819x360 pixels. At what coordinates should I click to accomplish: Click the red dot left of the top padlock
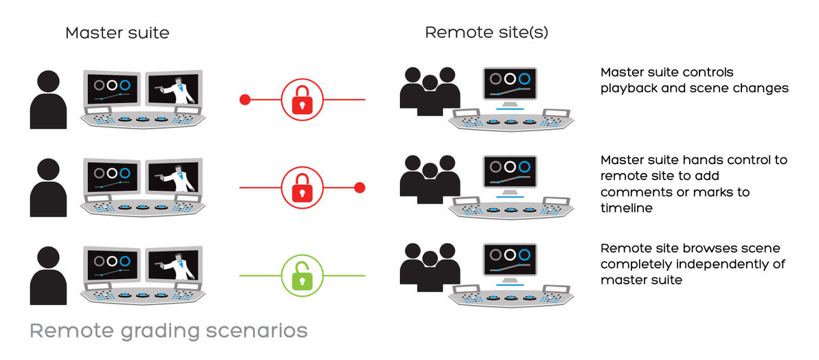(x=244, y=100)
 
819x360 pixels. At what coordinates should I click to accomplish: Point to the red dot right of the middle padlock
(x=359, y=187)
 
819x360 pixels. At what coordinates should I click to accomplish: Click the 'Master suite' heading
(x=117, y=33)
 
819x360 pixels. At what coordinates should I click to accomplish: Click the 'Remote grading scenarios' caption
(x=168, y=331)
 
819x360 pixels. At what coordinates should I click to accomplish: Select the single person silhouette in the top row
(x=49, y=100)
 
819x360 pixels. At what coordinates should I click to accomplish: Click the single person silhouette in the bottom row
(x=49, y=275)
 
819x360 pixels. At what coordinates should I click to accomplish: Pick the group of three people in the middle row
(x=429, y=180)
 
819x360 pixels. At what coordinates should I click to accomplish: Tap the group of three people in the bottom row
(x=429, y=268)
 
